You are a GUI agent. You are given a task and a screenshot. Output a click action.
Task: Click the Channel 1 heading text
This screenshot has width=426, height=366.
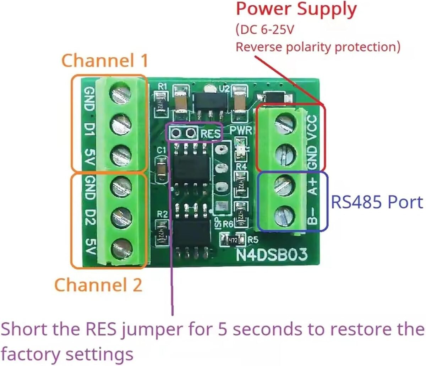pos(105,60)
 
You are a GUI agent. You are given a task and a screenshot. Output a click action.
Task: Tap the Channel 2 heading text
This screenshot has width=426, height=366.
pos(98,285)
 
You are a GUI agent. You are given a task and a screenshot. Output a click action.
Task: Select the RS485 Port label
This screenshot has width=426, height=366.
pos(377,202)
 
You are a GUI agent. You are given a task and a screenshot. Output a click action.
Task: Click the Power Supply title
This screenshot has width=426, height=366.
pos(296,10)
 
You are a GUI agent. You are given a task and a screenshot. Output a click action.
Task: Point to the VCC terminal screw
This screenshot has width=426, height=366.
pos(285,122)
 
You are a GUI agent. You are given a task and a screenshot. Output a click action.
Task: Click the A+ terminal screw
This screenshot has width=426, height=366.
pos(285,185)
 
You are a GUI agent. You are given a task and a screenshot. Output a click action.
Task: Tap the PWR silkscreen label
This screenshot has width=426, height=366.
pos(240,130)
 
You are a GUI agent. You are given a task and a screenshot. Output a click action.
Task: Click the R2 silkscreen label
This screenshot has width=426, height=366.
pos(162,214)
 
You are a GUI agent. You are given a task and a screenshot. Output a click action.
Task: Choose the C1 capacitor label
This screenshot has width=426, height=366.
pos(162,151)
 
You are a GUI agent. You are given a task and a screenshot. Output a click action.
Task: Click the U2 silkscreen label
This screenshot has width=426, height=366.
pos(224,88)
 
